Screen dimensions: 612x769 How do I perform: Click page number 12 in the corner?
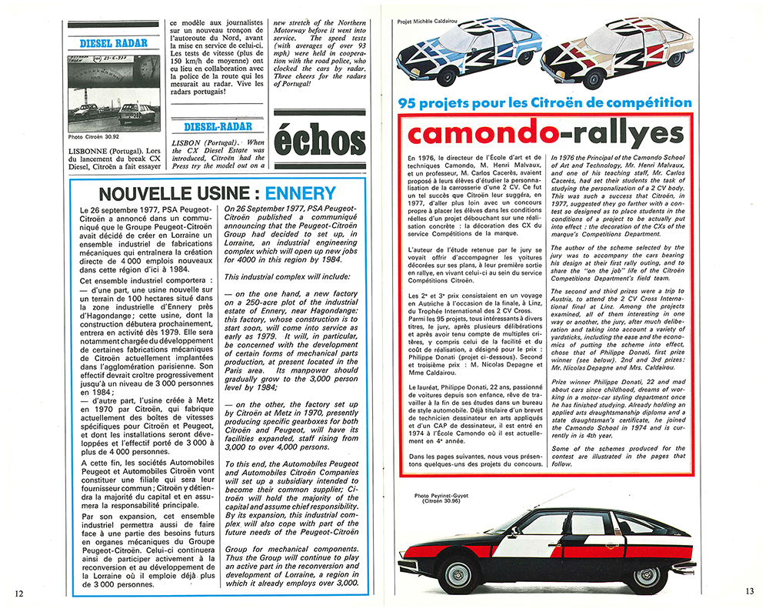coord(19,593)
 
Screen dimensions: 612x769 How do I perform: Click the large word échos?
coord(320,141)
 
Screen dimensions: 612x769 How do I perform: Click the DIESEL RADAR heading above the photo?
coord(114,43)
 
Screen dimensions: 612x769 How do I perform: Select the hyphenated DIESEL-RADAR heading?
coord(224,126)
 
